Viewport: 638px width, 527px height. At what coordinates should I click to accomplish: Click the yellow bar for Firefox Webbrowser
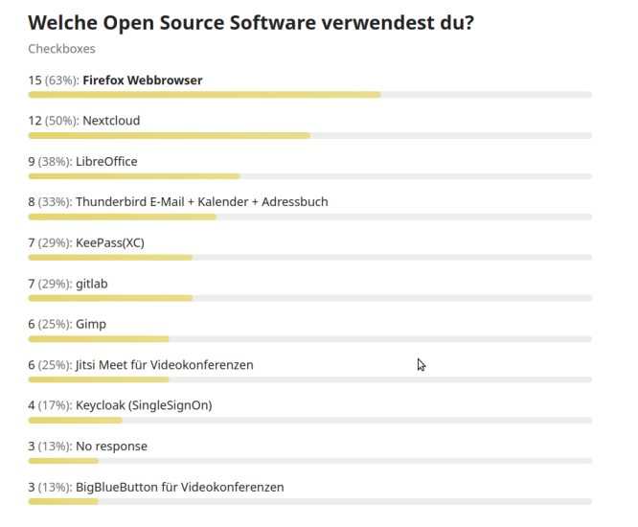pyautogui.click(x=204, y=95)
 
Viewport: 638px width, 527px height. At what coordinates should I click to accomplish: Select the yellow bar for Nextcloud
pyautogui.click(x=169, y=135)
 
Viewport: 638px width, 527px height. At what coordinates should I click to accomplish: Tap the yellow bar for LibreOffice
pyautogui.click(x=133, y=176)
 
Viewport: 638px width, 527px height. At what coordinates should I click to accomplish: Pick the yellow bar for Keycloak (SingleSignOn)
pyautogui.click(x=75, y=420)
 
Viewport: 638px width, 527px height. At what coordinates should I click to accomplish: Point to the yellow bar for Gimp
pyautogui.click(x=99, y=338)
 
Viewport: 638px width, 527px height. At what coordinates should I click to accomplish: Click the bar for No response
pyautogui.click(x=63, y=461)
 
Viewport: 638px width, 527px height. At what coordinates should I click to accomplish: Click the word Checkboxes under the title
pyautogui.click(x=61, y=49)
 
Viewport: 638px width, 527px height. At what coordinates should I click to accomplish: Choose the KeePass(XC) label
pyautogui.click(x=109, y=243)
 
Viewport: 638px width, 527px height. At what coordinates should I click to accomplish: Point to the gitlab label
pyautogui.click(x=91, y=284)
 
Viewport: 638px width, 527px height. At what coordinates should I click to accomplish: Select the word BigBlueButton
pyautogui.click(x=120, y=487)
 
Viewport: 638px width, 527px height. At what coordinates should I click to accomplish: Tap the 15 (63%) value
pyautogui.click(x=53, y=80)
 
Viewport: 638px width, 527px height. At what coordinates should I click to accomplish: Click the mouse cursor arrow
pyautogui.click(x=421, y=364)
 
